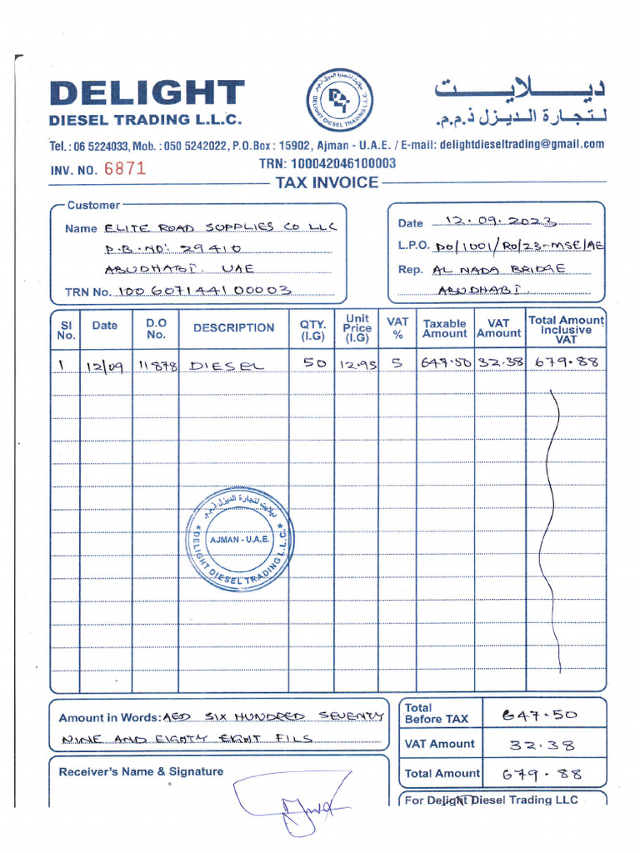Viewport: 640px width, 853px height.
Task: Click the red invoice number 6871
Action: click(125, 168)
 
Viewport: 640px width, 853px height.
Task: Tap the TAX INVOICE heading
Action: click(327, 182)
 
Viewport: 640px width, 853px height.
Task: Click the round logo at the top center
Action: click(340, 102)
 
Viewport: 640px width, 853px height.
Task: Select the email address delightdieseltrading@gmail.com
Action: click(522, 144)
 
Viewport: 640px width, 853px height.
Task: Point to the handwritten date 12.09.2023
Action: click(501, 222)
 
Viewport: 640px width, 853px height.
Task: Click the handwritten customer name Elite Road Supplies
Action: click(220, 227)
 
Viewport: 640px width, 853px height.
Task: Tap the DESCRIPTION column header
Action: click(233, 327)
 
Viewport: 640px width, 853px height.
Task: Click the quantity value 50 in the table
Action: click(314, 363)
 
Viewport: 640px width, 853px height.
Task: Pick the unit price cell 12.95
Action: click(356, 364)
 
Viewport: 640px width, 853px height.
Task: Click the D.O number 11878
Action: click(157, 365)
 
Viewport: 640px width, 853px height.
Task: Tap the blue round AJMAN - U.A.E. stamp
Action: click(238, 539)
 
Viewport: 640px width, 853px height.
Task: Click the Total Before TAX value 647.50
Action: click(539, 714)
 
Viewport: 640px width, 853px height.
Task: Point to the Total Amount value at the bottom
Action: click(542, 774)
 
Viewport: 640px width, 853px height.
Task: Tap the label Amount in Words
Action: click(109, 718)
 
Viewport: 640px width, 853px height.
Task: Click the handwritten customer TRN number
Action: click(205, 291)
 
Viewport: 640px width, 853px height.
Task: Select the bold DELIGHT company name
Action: click(147, 94)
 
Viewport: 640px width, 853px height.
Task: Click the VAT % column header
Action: click(397, 327)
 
